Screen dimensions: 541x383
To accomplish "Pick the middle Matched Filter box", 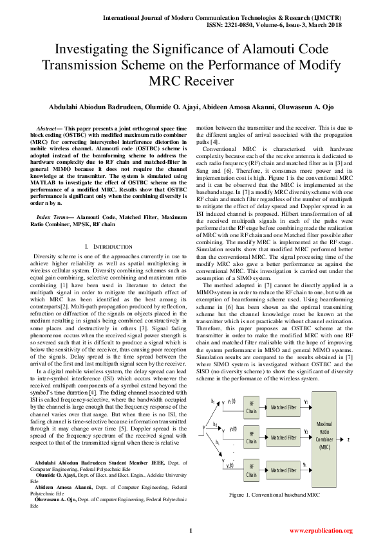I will pos(283,438).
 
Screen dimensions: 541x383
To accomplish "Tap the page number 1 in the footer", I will pos(191,530).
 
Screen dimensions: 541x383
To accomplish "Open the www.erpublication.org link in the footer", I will pos(321,531).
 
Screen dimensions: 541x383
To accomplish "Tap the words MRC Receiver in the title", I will pos(192,80).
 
